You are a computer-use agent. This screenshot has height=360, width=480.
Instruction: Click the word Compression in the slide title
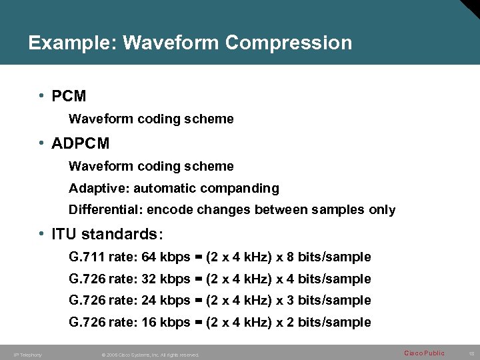click(x=288, y=43)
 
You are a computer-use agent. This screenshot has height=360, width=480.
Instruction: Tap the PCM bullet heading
click(x=69, y=96)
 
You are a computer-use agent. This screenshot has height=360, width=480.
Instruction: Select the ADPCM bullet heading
click(x=80, y=143)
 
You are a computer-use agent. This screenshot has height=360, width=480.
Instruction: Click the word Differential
click(x=104, y=210)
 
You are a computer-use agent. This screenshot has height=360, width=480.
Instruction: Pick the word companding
click(x=243, y=189)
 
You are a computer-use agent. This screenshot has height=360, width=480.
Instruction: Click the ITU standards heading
click(x=107, y=235)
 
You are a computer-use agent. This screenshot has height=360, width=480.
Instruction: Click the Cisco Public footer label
click(x=424, y=353)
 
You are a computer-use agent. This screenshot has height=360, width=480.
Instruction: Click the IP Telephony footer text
click(x=27, y=355)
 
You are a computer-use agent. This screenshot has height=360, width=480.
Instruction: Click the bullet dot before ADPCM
click(x=42, y=143)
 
